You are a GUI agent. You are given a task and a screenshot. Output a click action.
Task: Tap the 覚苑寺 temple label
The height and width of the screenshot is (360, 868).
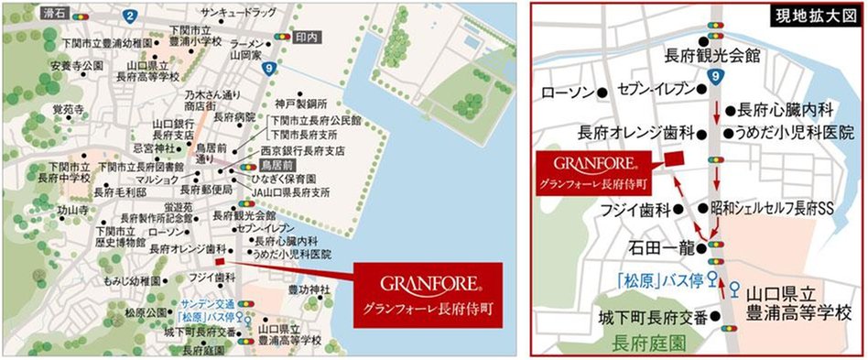[66, 109]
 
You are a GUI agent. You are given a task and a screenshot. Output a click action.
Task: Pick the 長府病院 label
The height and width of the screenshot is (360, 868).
[233, 117]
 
